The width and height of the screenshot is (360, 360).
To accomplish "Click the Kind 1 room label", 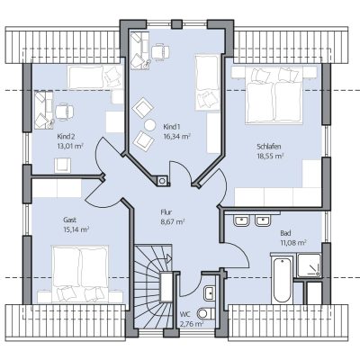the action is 172,126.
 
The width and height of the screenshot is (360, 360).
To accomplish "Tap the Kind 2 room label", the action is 66,137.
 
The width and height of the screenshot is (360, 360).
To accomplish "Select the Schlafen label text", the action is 269,147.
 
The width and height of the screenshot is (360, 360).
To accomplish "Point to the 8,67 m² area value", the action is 173,222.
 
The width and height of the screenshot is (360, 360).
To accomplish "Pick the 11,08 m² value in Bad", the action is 293,242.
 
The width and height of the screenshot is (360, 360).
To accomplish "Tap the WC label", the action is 184,314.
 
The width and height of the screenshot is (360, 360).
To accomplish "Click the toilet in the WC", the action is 206,313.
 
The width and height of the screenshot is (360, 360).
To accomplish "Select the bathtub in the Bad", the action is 282,280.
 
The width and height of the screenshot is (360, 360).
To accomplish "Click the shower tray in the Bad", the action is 309,265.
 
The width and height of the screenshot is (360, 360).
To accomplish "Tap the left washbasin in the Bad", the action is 241,220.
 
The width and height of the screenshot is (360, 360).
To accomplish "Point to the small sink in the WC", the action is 210,292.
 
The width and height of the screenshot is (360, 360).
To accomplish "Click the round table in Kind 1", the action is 149,124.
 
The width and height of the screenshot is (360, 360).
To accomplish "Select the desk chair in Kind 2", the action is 64,112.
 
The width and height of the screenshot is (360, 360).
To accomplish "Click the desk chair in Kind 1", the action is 160,52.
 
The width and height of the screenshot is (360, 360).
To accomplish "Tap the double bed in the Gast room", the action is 80,274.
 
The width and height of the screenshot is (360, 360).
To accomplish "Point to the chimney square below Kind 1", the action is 162,180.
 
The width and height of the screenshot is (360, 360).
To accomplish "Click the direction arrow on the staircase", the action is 167,258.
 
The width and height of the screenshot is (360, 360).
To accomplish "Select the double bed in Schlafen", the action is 274,95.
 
